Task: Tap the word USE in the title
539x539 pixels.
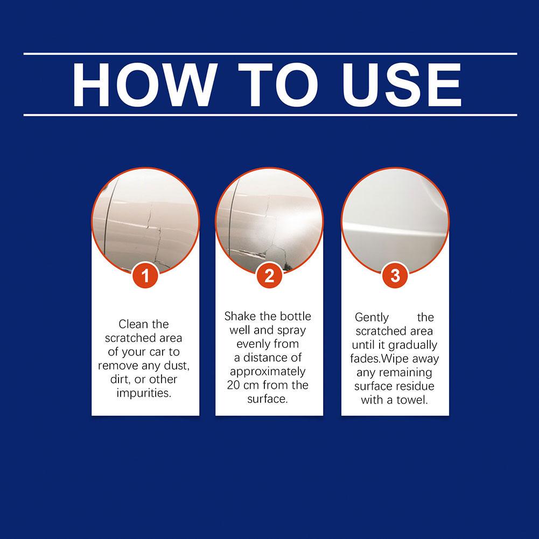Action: (402, 85)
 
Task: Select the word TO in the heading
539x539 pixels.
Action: (278, 85)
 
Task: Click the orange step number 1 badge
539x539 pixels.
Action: (145, 276)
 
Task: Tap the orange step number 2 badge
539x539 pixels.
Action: (269, 276)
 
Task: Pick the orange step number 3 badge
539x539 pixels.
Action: (395, 276)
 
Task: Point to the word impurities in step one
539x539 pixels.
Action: (143, 393)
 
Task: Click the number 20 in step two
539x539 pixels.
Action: (233, 385)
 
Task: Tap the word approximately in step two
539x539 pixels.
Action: (268, 372)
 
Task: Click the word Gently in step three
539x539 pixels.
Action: (372, 318)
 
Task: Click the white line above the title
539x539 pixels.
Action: (270, 54)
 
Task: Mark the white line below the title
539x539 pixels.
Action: (270, 115)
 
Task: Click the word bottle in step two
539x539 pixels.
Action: (296, 316)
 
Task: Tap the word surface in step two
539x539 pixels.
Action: (268, 399)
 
